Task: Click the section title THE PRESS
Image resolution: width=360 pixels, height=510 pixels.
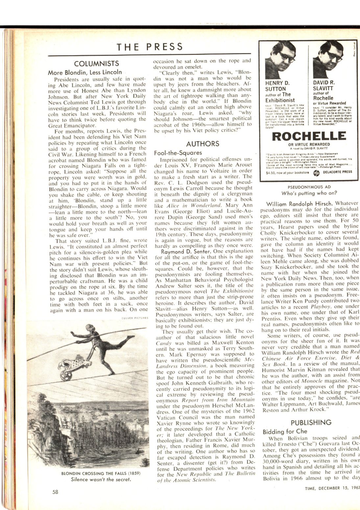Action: click(150, 47)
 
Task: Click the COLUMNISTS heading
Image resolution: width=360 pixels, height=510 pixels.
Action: click(96, 64)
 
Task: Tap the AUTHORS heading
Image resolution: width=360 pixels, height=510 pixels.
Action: click(203, 144)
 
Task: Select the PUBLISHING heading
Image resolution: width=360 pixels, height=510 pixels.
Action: click(311, 422)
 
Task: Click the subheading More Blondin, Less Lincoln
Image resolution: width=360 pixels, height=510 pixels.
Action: click(85, 72)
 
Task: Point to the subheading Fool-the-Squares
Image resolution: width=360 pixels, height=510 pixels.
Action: click(178, 153)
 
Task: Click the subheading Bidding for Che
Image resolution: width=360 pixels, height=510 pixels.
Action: click(285, 431)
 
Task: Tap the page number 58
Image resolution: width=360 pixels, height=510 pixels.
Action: click(55, 492)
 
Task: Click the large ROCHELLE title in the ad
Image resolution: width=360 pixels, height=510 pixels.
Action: click(309, 136)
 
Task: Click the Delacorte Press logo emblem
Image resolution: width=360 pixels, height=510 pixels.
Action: click(317, 172)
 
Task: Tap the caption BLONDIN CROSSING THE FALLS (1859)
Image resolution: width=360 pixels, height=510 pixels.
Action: click(101, 473)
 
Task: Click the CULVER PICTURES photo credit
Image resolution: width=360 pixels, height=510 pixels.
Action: click(135, 318)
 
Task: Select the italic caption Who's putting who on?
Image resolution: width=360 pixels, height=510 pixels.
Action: click(309, 193)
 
